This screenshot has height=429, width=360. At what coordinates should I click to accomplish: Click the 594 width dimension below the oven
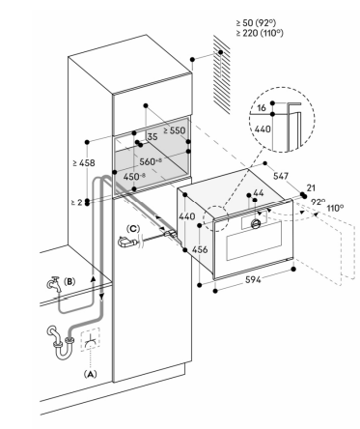(x=253, y=280)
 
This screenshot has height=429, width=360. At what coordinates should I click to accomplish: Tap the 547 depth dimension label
(x=281, y=176)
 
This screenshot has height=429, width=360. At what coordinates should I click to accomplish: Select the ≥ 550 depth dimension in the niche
(x=175, y=130)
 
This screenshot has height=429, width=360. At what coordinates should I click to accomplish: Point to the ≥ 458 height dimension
(x=84, y=163)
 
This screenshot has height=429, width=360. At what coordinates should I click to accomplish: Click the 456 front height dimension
(x=200, y=249)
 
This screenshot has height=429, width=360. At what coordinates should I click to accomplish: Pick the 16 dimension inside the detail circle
(x=262, y=107)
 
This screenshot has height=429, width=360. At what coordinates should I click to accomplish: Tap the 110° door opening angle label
(x=335, y=208)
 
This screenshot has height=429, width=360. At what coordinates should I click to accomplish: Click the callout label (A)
(x=91, y=374)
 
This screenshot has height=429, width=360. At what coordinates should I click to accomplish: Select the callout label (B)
(x=69, y=281)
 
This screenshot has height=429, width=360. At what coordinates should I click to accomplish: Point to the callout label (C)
(x=133, y=229)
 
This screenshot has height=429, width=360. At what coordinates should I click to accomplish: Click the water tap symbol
(x=54, y=284)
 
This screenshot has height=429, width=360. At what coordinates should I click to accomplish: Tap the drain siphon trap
(x=61, y=343)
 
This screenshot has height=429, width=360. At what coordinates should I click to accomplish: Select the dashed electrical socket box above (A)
(x=90, y=340)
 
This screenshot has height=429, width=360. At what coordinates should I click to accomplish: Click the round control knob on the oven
(x=256, y=223)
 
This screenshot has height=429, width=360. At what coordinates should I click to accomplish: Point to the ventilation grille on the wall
(x=222, y=74)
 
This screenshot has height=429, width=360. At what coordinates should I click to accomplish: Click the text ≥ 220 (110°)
(x=260, y=33)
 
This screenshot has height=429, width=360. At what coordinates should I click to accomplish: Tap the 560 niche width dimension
(x=151, y=161)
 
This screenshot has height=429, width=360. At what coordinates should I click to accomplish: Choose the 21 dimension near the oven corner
(x=311, y=187)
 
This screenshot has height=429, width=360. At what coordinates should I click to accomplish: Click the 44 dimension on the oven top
(x=259, y=192)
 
